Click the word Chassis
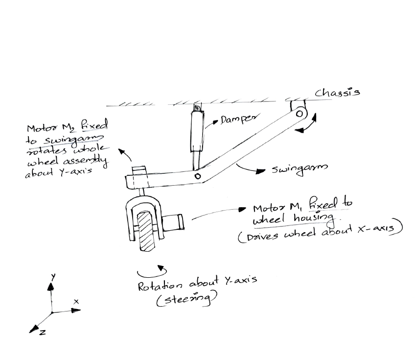pyautogui.click(x=337, y=92)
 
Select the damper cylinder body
pyautogui.click(x=197, y=131)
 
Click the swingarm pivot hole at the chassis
pyautogui.click(x=300, y=114)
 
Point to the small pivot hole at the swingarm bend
pyautogui.click(x=197, y=176)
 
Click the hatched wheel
pyautogui.click(x=145, y=231)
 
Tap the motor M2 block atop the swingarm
pyautogui.click(x=139, y=170)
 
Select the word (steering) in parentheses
pyautogui.click(x=186, y=299)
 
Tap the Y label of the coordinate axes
pyautogui.click(x=53, y=277)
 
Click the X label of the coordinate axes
pyautogui.click(x=76, y=301)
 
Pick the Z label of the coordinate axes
pyautogui.click(x=42, y=332)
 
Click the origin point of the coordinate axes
pyautogui.click(x=52, y=312)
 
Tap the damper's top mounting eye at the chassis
pyautogui.click(x=197, y=108)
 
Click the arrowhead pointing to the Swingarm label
pyautogui.click(x=260, y=171)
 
